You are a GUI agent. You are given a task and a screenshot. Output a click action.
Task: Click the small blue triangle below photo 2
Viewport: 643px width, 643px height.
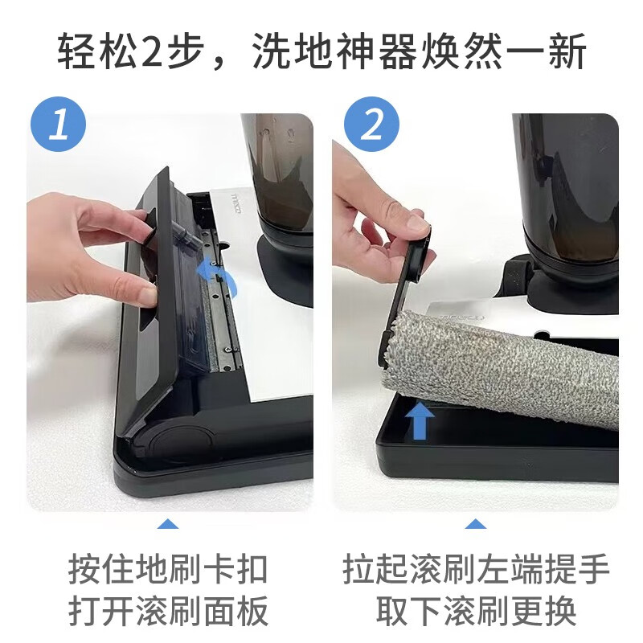click(477, 524)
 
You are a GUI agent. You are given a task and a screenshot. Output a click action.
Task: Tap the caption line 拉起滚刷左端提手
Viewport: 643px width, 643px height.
click(477, 569)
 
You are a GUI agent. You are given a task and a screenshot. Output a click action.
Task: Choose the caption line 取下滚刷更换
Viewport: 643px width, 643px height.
click(477, 612)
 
